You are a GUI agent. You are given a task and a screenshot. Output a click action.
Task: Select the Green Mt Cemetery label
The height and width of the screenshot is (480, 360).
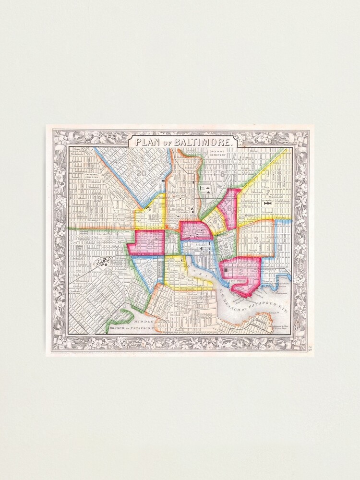click(217, 155)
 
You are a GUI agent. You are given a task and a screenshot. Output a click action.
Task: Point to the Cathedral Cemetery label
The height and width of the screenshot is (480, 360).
click(91, 175)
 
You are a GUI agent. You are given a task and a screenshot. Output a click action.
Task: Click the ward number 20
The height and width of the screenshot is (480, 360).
click(141, 173)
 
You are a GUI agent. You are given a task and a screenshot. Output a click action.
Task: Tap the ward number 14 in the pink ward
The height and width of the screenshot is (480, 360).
click(151, 241)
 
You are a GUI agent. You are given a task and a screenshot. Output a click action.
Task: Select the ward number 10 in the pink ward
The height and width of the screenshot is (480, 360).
click(192, 231)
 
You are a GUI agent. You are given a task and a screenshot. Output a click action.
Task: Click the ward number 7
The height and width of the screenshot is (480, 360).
click(269, 193)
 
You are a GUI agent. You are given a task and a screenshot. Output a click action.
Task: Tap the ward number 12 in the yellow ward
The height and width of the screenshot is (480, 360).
click(153, 216)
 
